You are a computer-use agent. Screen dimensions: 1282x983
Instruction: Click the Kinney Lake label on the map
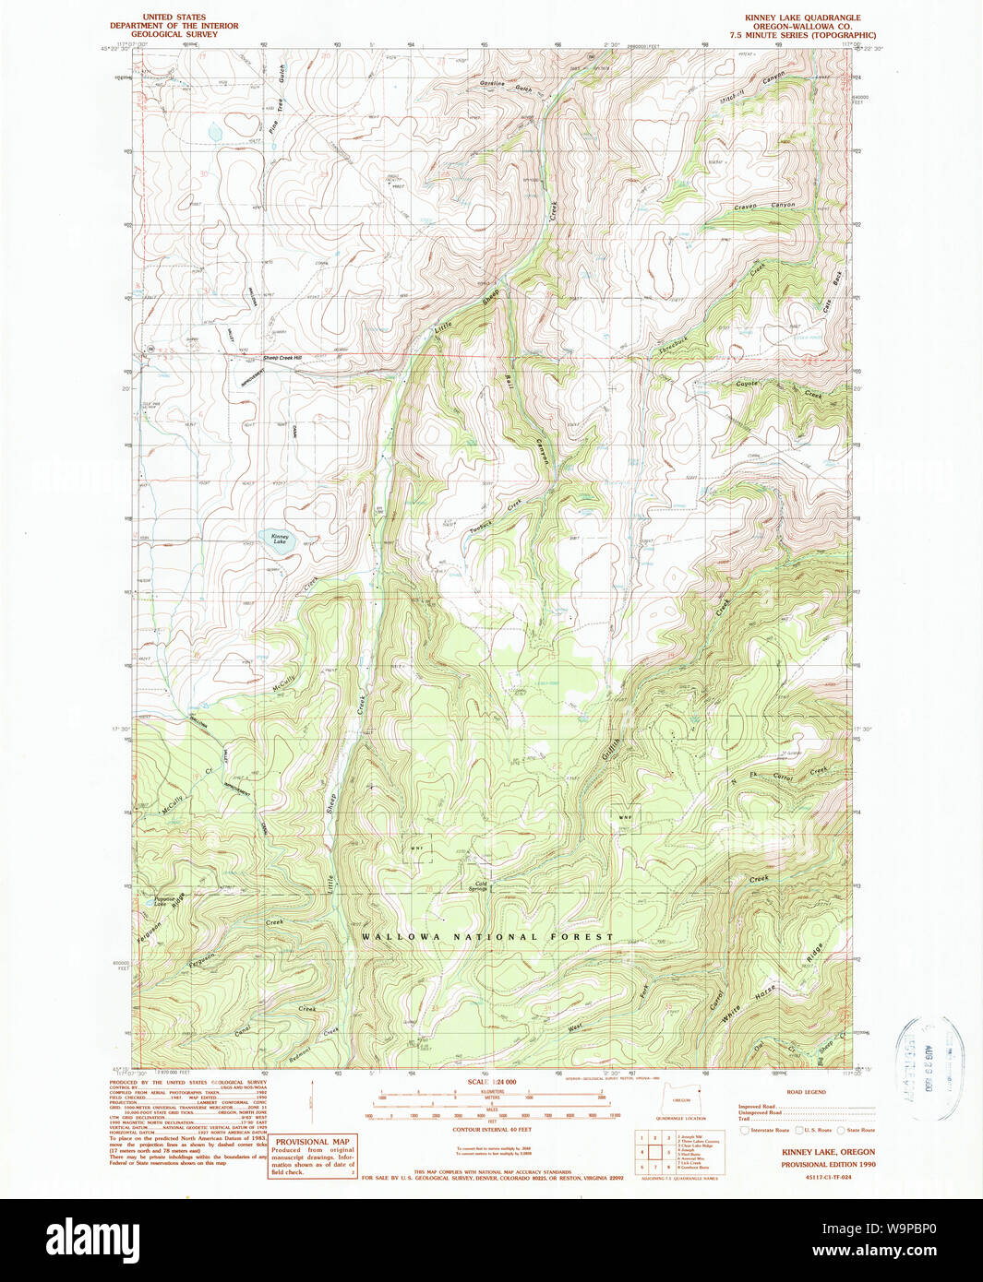click(280, 539)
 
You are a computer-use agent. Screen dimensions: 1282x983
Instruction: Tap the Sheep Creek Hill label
click(283, 358)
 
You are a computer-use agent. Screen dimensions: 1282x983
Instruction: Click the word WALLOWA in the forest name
click(398, 937)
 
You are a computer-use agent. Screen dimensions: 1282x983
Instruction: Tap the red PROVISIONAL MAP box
click(312, 1156)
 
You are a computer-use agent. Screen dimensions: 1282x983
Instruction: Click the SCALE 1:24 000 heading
click(491, 1082)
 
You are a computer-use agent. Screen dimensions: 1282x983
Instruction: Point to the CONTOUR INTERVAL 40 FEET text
click(491, 1129)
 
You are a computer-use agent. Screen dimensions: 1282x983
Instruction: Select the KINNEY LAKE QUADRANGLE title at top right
click(802, 18)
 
